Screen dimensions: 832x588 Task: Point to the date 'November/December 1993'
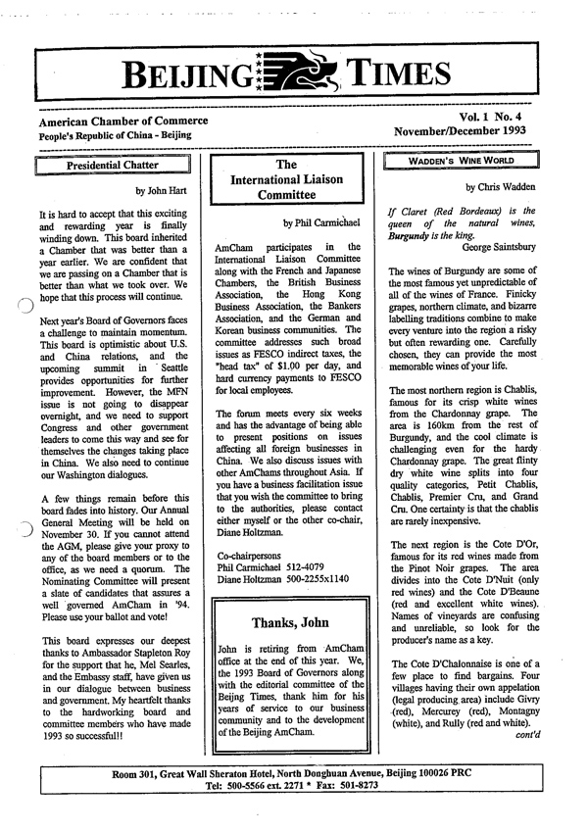462,130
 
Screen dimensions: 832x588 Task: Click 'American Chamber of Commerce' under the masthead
123,120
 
